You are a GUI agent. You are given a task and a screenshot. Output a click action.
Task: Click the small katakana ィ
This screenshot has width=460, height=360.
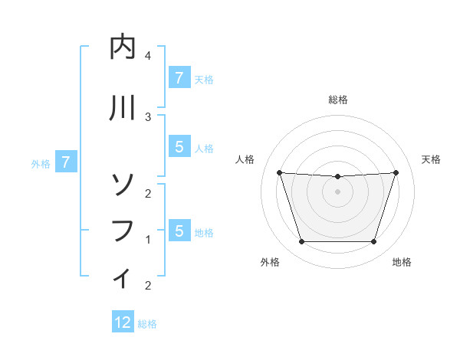[x=123, y=277]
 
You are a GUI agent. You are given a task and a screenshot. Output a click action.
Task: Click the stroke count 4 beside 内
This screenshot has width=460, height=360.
[x=148, y=56]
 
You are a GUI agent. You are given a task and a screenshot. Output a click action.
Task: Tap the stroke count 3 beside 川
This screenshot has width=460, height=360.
[x=148, y=116]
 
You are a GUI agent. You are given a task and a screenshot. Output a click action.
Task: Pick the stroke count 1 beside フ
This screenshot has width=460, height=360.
[x=148, y=240]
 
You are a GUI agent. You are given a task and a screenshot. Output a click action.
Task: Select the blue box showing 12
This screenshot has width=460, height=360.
[x=123, y=322]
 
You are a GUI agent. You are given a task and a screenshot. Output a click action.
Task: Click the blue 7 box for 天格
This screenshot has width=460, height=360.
[x=179, y=77]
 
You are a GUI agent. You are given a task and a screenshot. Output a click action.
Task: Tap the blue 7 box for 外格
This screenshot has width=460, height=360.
[x=66, y=162]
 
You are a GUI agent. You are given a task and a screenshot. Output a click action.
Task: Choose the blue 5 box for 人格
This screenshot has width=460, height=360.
[x=179, y=147]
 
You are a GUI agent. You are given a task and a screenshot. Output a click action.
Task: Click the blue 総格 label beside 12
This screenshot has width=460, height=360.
[x=147, y=324]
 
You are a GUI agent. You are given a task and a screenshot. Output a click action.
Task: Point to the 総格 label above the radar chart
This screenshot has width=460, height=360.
[x=338, y=100]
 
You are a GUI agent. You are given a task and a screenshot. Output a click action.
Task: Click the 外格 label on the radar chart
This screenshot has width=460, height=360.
[x=270, y=262]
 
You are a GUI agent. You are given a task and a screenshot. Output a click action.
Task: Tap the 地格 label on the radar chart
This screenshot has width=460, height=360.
[x=402, y=262]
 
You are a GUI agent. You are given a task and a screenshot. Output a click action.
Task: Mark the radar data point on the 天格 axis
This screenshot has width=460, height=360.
[x=396, y=172]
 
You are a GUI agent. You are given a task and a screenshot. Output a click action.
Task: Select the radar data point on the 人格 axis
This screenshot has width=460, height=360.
[x=280, y=172]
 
